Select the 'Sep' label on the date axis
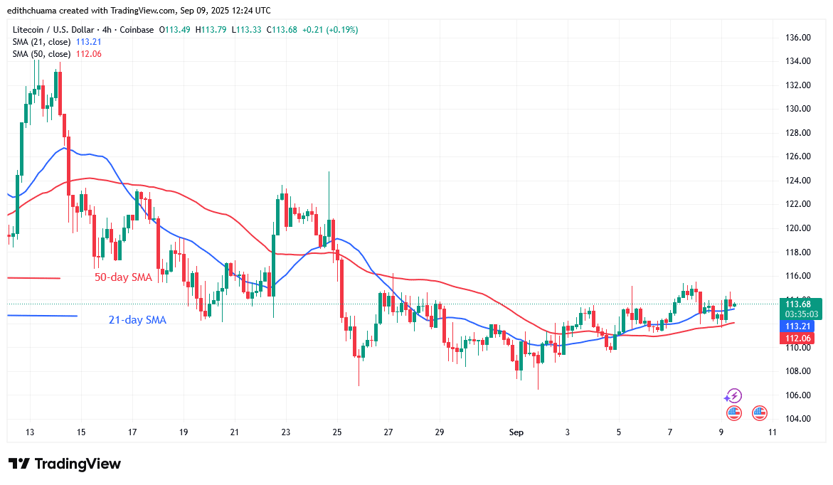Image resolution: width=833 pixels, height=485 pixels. point(516,431)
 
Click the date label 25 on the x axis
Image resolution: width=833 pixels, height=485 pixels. point(336,431)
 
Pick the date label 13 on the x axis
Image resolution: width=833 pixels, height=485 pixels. point(29,431)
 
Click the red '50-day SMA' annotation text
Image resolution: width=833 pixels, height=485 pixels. point(123,277)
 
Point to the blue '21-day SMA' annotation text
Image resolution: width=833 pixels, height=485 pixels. point(137,320)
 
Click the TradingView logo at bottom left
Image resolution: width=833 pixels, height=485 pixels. point(65,464)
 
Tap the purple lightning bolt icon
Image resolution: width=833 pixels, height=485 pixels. point(733,396)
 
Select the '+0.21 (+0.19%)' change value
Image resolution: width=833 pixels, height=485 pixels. point(330,30)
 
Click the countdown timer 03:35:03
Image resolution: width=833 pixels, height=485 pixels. point(801,314)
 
